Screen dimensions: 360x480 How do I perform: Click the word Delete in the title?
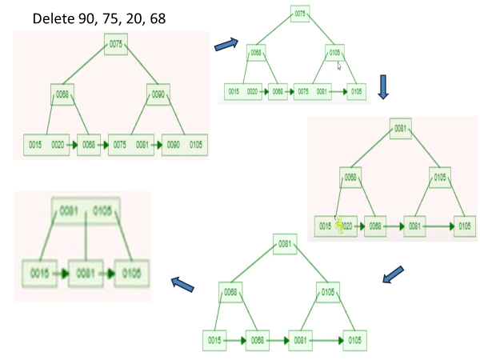tap(51, 18)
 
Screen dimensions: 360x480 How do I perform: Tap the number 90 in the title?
tap(83, 18)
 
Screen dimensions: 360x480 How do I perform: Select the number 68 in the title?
tap(157, 18)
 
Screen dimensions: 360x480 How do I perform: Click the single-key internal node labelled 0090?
tap(158, 95)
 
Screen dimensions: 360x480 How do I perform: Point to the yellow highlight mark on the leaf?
tap(339, 226)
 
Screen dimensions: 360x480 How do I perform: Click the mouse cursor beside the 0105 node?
tap(339, 66)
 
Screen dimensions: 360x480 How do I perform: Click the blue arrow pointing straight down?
tap(382, 86)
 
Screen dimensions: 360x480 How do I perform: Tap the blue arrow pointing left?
tap(183, 283)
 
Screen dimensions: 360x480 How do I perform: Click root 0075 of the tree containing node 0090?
tap(114, 45)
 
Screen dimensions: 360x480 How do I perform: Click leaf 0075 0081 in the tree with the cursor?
tap(310, 92)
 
